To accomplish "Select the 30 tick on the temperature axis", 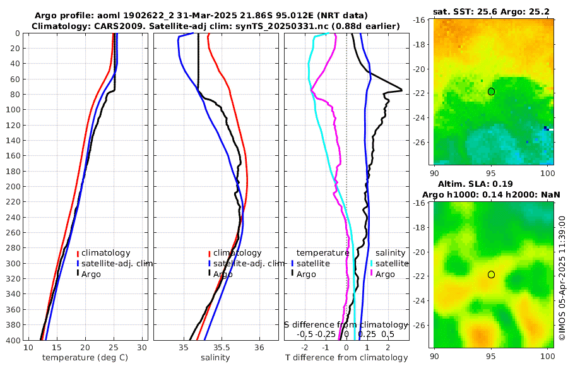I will point(143,348).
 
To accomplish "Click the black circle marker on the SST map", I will point(491,91).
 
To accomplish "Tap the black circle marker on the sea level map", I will point(491,274).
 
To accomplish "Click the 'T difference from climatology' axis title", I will point(346,358).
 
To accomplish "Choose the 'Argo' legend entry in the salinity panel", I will point(223,274).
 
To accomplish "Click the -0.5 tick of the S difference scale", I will point(305,334).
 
